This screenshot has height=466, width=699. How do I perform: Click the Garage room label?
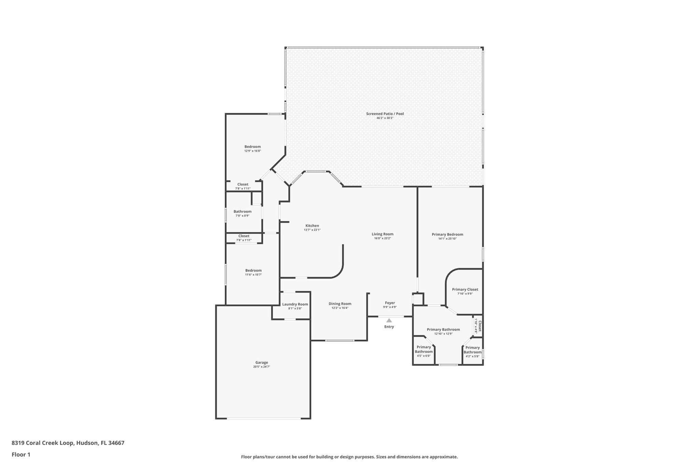pyautogui.click(x=261, y=363)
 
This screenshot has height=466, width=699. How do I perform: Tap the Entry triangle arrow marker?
pyautogui.click(x=389, y=320)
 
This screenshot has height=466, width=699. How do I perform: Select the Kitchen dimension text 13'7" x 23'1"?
pyautogui.click(x=312, y=230)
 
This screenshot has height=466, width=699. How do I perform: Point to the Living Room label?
pyautogui.click(x=382, y=234)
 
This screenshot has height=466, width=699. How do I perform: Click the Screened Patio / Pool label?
pyautogui.click(x=385, y=114)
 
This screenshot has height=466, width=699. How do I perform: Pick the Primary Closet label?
pyautogui.click(x=465, y=290)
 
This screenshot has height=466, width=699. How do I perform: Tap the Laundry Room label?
pyautogui.click(x=295, y=304)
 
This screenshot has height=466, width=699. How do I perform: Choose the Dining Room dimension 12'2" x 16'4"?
pyautogui.click(x=340, y=308)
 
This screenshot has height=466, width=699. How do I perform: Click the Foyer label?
pyautogui.click(x=390, y=303)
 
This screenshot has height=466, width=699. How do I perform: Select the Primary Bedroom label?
pyautogui.click(x=447, y=235)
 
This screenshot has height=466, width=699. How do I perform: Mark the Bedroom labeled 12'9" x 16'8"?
pyautogui.click(x=253, y=147)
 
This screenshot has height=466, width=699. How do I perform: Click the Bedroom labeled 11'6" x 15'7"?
pyautogui.click(x=253, y=270)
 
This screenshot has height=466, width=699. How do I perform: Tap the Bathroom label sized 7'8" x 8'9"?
pyautogui.click(x=242, y=212)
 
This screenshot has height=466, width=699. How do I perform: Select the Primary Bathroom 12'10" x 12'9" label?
pyautogui.click(x=443, y=330)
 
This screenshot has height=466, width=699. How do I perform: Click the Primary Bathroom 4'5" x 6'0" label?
pyautogui.click(x=424, y=349)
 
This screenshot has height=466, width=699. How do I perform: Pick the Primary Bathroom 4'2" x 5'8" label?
pyautogui.click(x=472, y=350)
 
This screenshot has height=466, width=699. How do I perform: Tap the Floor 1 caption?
pyautogui.click(x=21, y=454)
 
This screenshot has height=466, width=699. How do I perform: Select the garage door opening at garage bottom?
pyautogui.click(x=263, y=418)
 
